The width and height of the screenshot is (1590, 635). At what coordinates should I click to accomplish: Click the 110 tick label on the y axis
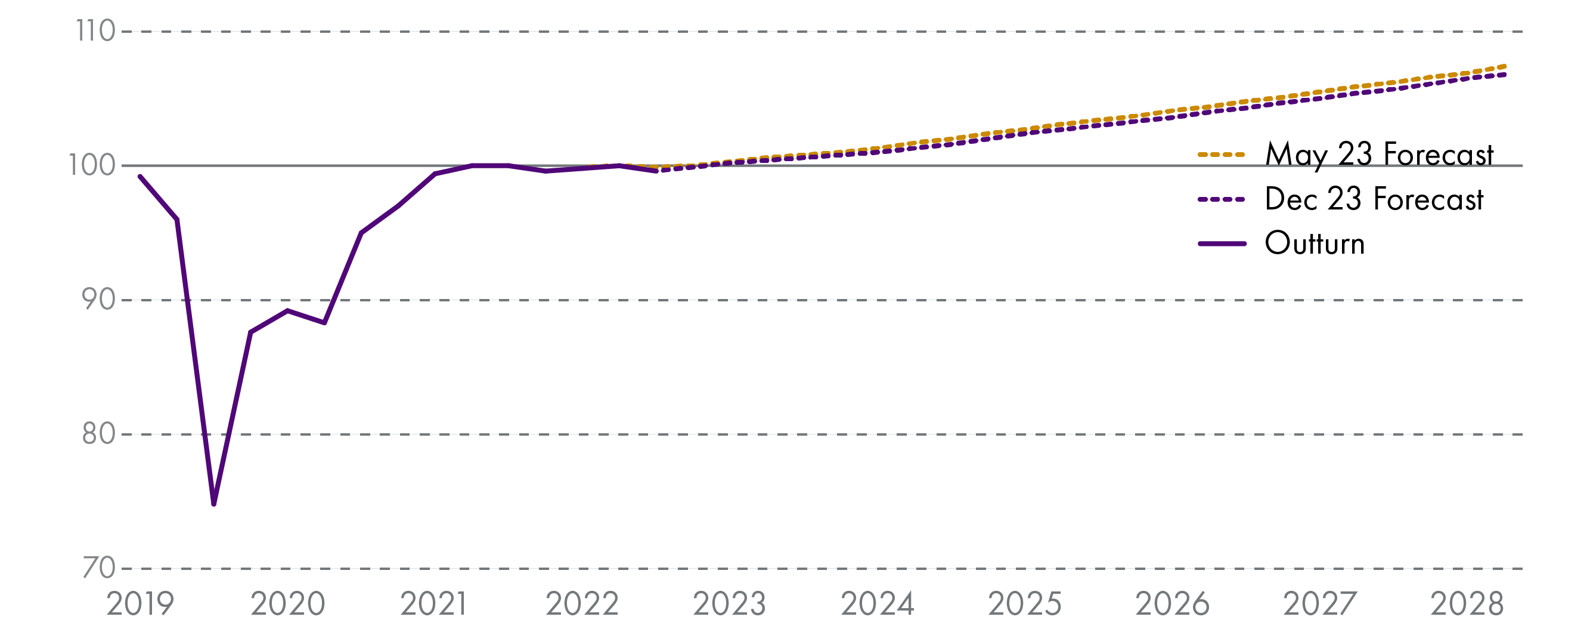[x=95, y=32]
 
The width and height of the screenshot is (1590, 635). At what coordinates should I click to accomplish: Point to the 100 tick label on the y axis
[x=92, y=165]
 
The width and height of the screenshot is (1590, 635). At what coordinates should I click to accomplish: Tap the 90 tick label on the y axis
[x=98, y=300]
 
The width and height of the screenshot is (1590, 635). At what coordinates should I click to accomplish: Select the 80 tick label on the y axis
[x=98, y=434]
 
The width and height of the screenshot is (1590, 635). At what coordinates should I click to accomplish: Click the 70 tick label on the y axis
[x=98, y=568]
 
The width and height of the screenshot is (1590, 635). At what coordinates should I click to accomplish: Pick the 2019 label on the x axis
[x=140, y=605]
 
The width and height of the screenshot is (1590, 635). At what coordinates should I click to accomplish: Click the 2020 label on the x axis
[x=287, y=605]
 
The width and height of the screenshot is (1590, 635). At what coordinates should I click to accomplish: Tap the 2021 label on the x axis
[x=434, y=605]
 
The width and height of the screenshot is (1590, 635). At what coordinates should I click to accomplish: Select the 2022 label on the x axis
[x=582, y=605]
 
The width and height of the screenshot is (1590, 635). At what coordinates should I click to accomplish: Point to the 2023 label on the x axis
[x=730, y=605]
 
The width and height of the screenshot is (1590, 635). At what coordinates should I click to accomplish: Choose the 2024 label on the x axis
[x=877, y=605]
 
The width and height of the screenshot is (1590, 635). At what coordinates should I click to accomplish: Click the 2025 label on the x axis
[x=1025, y=605]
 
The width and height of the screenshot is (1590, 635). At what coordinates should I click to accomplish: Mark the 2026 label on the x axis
[x=1172, y=605]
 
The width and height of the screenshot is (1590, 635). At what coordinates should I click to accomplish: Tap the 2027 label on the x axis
[x=1320, y=605]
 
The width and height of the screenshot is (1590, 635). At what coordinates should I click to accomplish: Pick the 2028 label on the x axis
[x=1467, y=605]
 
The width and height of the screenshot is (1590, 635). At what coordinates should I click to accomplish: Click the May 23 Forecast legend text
[x=1379, y=155]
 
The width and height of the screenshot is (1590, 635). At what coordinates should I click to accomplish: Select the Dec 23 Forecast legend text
[x=1374, y=199]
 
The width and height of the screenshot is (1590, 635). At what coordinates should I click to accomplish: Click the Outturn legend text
[x=1315, y=243]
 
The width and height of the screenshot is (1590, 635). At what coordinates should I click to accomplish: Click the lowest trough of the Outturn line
[x=214, y=504]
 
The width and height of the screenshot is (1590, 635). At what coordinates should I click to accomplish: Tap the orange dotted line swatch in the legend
[x=1222, y=155]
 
